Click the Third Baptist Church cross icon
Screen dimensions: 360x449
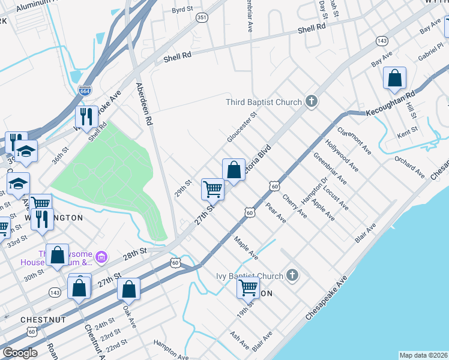311,101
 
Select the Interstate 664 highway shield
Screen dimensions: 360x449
85,91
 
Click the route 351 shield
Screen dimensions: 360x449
202,18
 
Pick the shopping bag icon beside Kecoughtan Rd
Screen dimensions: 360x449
394,78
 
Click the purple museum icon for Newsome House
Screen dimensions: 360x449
101,257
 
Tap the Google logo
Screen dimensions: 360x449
19,353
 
